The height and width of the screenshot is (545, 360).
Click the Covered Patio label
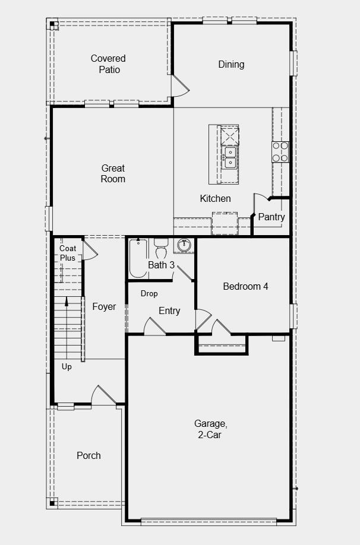click(108, 64)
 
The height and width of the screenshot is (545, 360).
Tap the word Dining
click(231, 65)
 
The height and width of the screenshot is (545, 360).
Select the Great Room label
click(113, 173)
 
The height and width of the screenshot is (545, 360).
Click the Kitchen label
click(215, 198)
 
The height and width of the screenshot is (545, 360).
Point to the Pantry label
click(271, 217)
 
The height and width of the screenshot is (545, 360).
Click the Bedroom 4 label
click(245, 286)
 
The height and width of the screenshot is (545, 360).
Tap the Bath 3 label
click(161, 265)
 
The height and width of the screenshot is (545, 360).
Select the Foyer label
click(104, 306)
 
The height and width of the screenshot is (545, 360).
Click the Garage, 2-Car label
click(210, 429)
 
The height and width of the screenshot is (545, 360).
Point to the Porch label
click(89, 455)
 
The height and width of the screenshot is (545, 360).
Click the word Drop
click(149, 294)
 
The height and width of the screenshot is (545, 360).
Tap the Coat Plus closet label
click(68, 253)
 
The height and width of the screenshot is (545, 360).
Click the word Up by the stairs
click(67, 367)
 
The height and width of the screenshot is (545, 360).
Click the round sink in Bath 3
click(185, 245)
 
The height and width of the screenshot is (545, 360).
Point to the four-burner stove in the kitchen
click(280, 152)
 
